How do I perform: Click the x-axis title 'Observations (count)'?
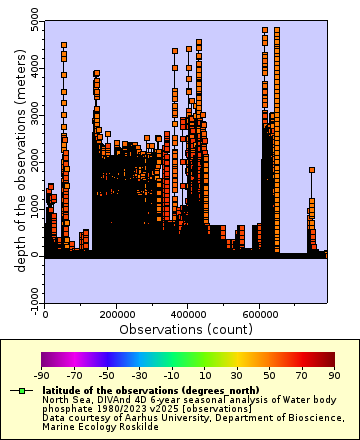pyautogui.click(x=186, y=328)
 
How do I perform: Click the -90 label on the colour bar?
pyautogui.click(x=42, y=374)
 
